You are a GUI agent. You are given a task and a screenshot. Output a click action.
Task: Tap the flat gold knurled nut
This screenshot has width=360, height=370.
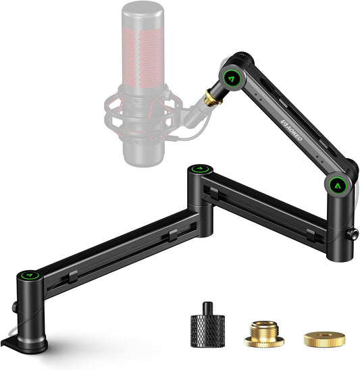[x=324, y=339]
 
